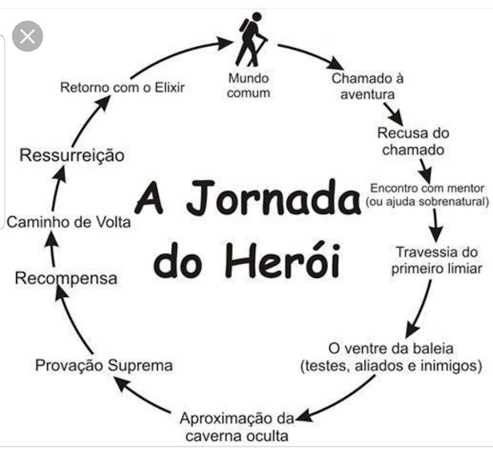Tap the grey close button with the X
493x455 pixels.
(28, 36)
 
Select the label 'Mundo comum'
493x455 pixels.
(249, 85)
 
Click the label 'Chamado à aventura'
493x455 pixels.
(368, 85)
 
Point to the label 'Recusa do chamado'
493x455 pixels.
(411, 141)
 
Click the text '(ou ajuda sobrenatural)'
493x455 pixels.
(429, 202)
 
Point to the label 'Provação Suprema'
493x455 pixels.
(104, 365)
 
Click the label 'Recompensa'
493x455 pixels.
(66, 277)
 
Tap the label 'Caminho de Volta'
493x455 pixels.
(69, 222)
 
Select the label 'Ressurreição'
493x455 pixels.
(72, 156)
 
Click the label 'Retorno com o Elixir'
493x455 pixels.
(122, 86)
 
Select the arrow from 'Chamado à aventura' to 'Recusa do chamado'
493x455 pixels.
(395, 113)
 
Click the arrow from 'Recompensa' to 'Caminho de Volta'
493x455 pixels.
(51, 249)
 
